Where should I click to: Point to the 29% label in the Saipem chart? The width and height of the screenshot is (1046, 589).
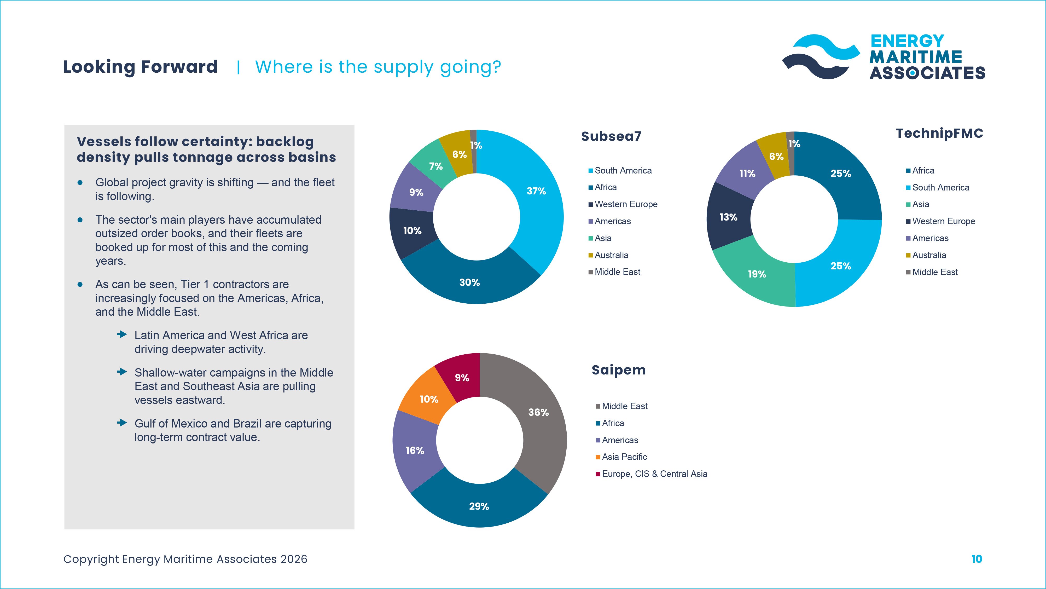pyautogui.click(x=479, y=506)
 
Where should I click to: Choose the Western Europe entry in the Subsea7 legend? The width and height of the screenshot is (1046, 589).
pyautogui.click(x=626, y=204)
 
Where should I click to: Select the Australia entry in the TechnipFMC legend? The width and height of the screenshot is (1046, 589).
pyautogui.click(x=929, y=255)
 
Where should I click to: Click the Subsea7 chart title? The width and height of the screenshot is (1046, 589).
pyautogui.click(x=611, y=136)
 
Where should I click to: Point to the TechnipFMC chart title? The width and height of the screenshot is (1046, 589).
pyautogui.click(x=939, y=133)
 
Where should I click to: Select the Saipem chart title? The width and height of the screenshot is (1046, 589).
pyautogui.click(x=618, y=370)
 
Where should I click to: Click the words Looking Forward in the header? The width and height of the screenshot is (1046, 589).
pyautogui.click(x=140, y=67)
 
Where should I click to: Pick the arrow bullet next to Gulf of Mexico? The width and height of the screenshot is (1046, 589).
pyautogui.click(x=122, y=423)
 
